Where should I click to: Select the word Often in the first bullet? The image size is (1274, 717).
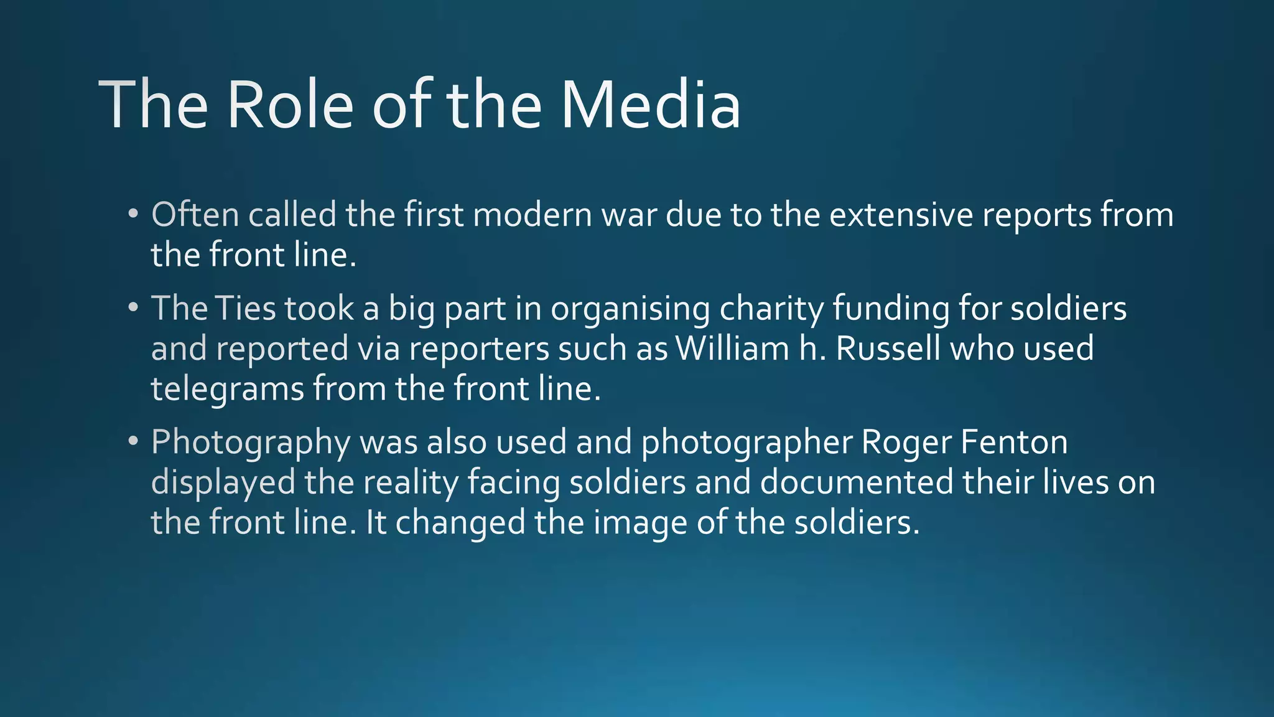[x=195, y=215]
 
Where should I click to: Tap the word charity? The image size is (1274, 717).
[x=771, y=309]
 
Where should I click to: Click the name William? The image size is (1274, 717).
[x=733, y=348]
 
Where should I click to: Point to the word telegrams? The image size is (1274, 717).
[x=228, y=390]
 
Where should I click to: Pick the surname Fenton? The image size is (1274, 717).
[x=1014, y=442]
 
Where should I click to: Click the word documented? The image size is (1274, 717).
[x=857, y=482]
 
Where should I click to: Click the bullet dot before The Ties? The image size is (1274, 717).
[x=133, y=308]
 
